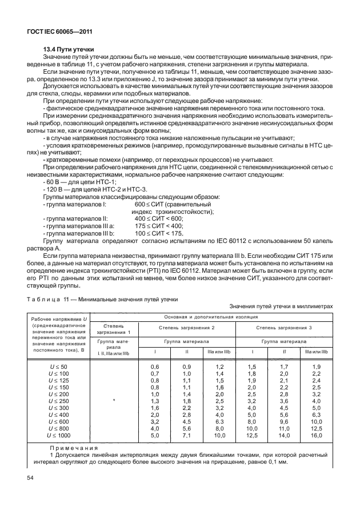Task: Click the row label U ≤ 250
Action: click(x=58, y=401)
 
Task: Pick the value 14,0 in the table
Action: click(x=284, y=436)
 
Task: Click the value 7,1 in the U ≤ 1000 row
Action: click(x=186, y=436)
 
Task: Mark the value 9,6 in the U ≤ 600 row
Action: click(x=284, y=421)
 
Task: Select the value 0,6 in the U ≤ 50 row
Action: click(x=154, y=366)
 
